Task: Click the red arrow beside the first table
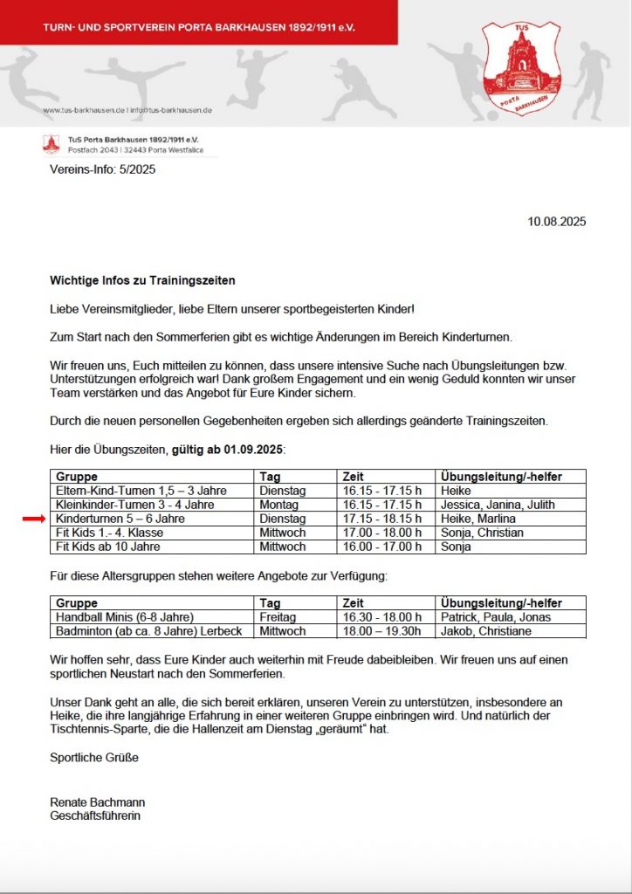pyautogui.click(x=33, y=519)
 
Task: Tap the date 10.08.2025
pyautogui.click(x=557, y=222)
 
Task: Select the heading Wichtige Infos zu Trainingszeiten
pyautogui.click(x=142, y=281)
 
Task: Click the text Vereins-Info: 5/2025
pyautogui.click(x=103, y=169)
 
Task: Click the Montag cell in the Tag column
pyautogui.click(x=279, y=505)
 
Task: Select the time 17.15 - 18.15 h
pyautogui.click(x=380, y=519)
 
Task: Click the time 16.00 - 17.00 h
pyautogui.click(x=380, y=547)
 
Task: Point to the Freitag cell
pyautogui.click(x=278, y=617)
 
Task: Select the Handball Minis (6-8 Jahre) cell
pyautogui.click(x=124, y=617)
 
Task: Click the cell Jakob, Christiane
pyautogui.click(x=485, y=631)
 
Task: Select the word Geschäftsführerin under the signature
pyautogui.click(x=95, y=815)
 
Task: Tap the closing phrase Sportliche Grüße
pyautogui.click(x=94, y=758)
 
